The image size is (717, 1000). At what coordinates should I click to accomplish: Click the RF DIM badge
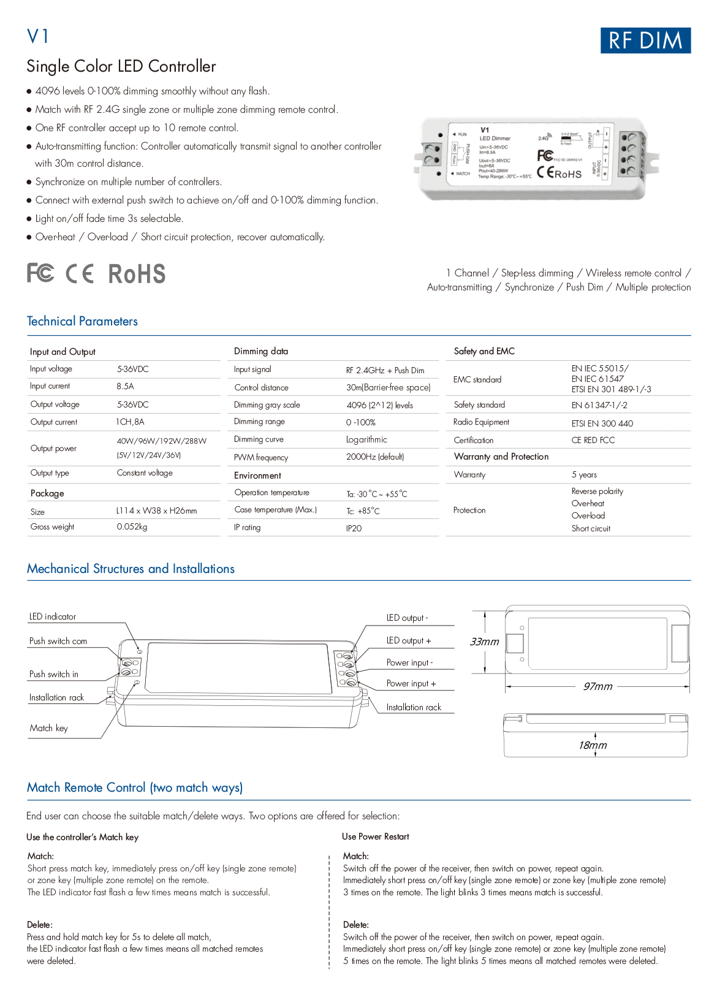click(645, 40)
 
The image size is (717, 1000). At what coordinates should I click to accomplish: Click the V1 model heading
click(38, 37)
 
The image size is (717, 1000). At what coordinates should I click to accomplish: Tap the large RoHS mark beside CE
click(137, 274)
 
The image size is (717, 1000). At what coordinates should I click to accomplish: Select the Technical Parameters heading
click(82, 321)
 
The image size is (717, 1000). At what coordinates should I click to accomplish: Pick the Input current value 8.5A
click(125, 386)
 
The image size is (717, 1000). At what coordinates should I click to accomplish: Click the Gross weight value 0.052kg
click(132, 526)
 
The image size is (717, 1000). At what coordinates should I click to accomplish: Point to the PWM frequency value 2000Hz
click(374, 456)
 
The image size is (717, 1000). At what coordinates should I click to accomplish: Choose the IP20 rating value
click(354, 528)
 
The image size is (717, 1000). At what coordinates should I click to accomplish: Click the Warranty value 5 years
click(584, 474)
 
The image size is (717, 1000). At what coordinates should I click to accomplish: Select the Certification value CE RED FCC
click(593, 440)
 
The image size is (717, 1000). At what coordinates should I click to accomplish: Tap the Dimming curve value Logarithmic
click(366, 439)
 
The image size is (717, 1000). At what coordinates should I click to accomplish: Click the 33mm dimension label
click(484, 642)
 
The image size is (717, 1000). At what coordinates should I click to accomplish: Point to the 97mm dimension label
click(597, 686)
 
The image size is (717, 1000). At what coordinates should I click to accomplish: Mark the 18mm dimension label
click(593, 745)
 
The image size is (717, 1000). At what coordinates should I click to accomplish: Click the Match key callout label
click(49, 728)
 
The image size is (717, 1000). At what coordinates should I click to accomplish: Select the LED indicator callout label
click(53, 616)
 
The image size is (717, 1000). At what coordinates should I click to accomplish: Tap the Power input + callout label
click(411, 683)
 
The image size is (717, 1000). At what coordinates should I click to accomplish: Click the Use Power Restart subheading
click(375, 836)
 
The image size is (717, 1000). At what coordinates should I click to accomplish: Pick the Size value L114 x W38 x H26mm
click(156, 510)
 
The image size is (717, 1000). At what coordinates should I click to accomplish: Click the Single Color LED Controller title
click(121, 66)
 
